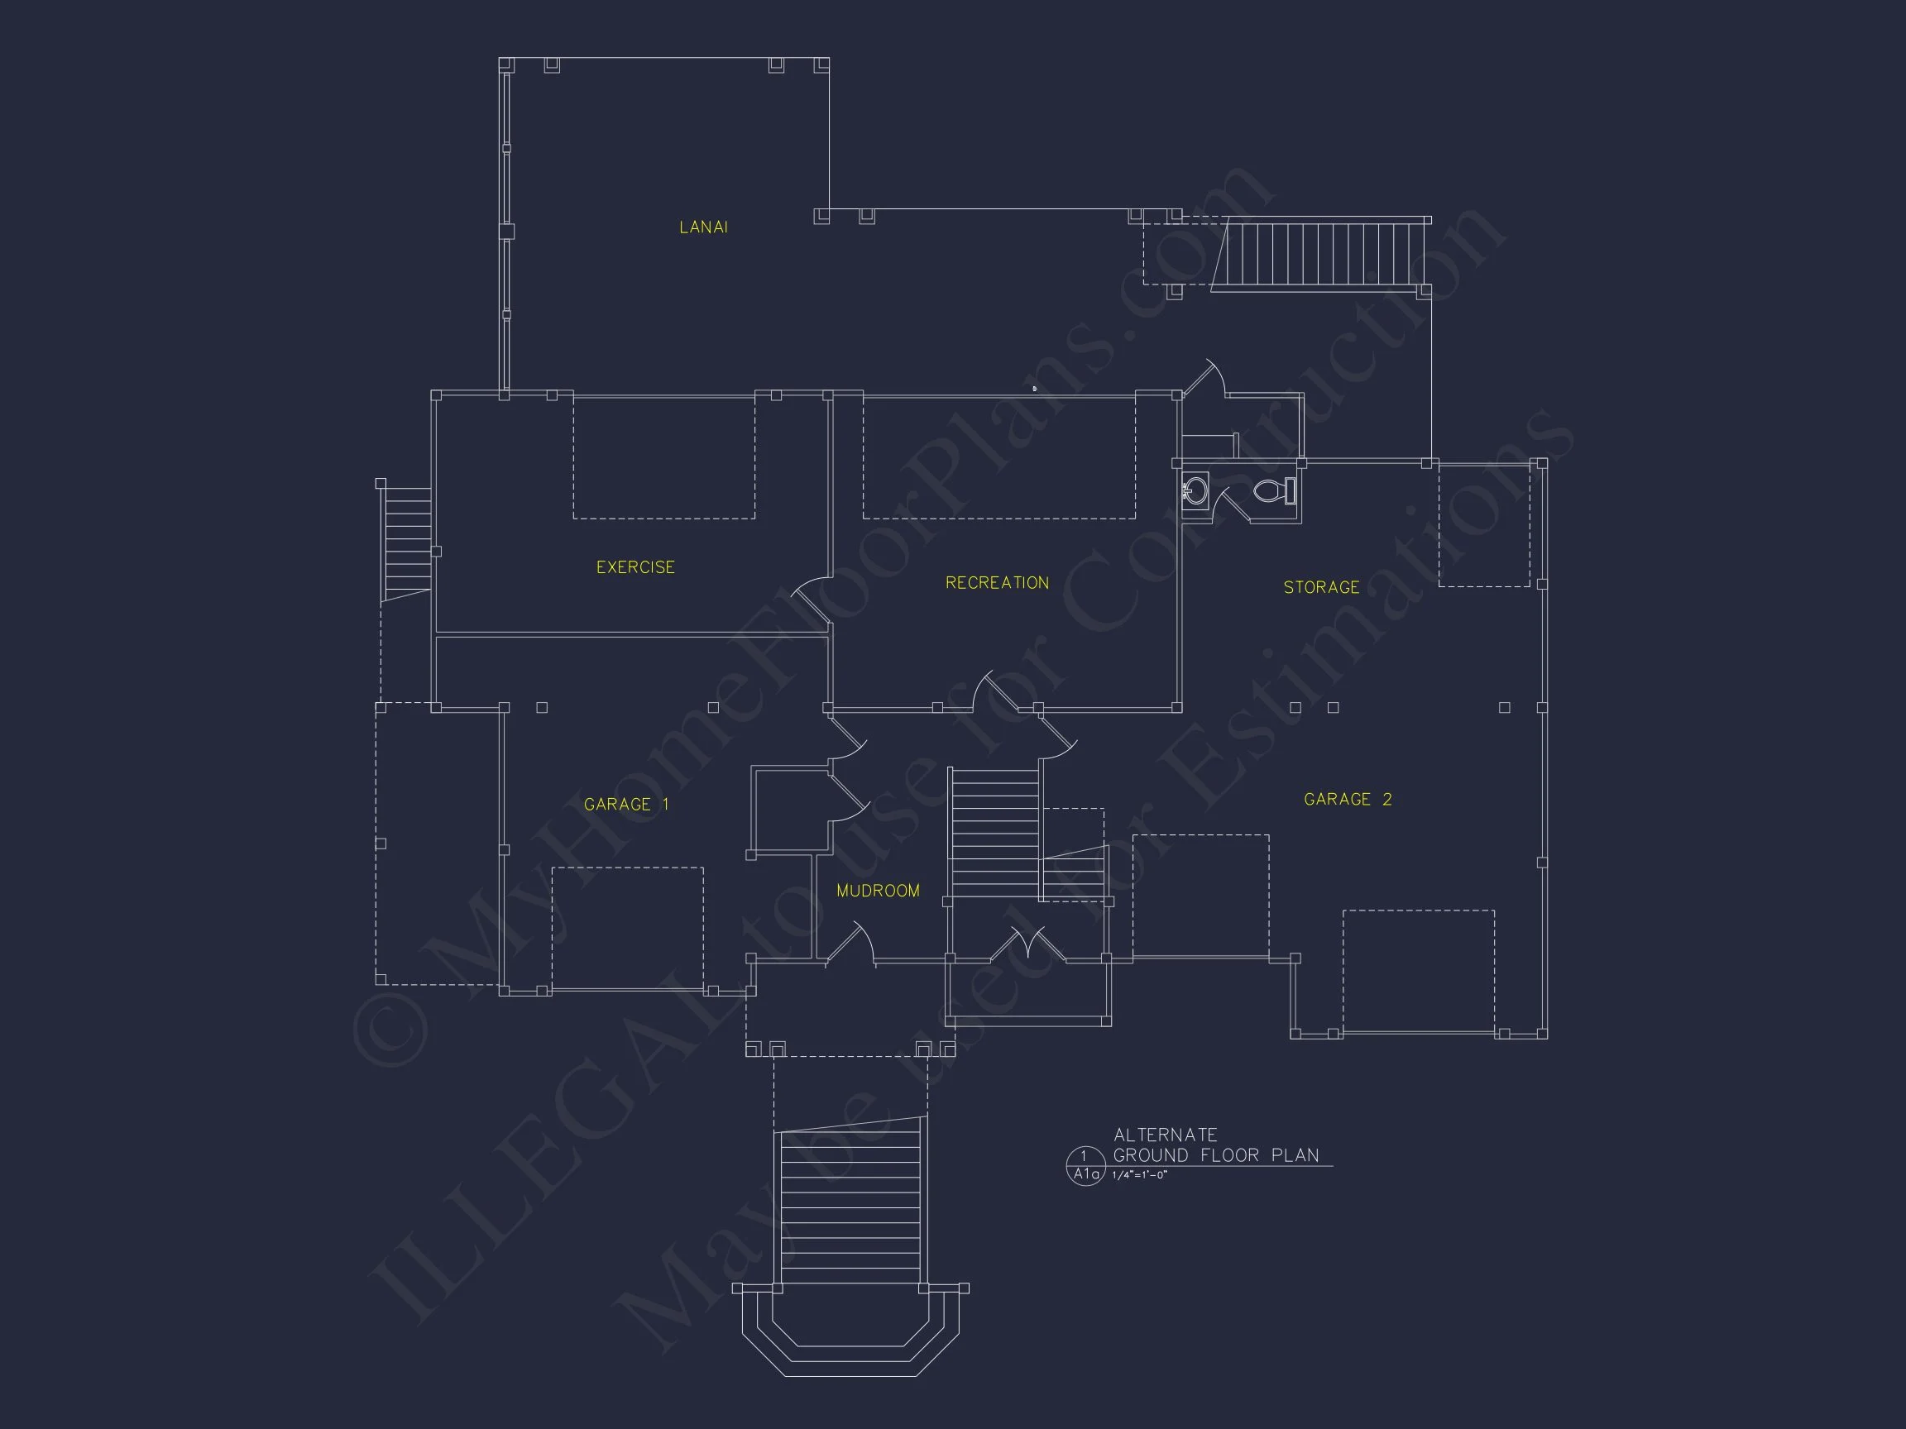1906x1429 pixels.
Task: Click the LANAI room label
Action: [703, 227]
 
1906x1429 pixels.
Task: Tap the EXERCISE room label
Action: [635, 567]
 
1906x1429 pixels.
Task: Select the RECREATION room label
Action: [997, 583]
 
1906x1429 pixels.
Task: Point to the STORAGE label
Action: [1321, 587]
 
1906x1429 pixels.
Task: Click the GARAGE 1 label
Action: [626, 805]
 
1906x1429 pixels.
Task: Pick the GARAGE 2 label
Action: [1348, 800]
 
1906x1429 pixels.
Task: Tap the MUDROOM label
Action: [878, 891]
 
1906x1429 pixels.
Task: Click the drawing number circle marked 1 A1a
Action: [1085, 1166]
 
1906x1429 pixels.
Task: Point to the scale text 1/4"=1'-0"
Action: [1139, 1176]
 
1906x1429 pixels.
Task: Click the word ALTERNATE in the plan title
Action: [1165, 1135]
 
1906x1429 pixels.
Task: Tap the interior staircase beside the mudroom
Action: [994, 833]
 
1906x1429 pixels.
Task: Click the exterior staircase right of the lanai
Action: [1319, 255]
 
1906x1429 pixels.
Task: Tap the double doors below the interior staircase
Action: [1029, 944]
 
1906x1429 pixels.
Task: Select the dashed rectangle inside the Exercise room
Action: [663, 457]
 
